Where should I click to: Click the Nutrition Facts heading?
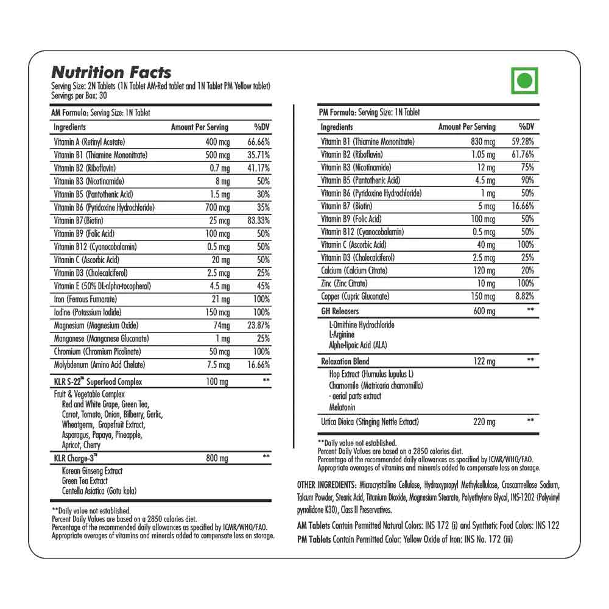click(x=111, y=72)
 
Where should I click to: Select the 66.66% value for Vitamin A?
click(x=258, y=141)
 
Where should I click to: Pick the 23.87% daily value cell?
click(x=258, y=325)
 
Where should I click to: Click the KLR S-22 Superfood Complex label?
click(x=98, y=381)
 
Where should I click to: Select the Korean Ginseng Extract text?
click(x=92, y=471)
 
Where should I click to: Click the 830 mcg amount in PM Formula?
click(x=482, y=141)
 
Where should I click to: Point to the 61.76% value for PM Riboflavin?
click(x=524, y=154)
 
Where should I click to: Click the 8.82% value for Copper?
click(x=524, y=297)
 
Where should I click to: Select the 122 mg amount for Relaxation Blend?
click(x=484, y=361)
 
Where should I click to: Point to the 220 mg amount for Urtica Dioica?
click(x=484, y=421)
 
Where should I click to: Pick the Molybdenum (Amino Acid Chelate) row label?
click(x=99, y=364)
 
